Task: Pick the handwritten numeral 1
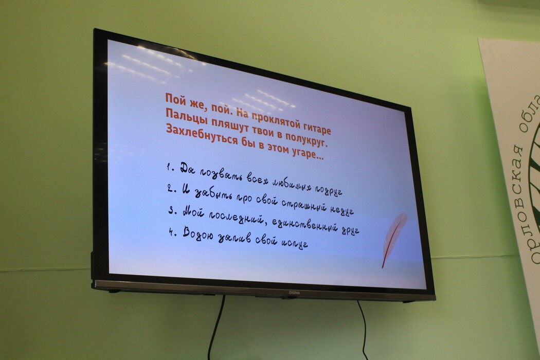[169, 168]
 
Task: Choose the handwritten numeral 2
[170, 188]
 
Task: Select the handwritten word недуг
[342, 210]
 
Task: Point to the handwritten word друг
[350, 229]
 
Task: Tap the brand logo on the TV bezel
[294, 293]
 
